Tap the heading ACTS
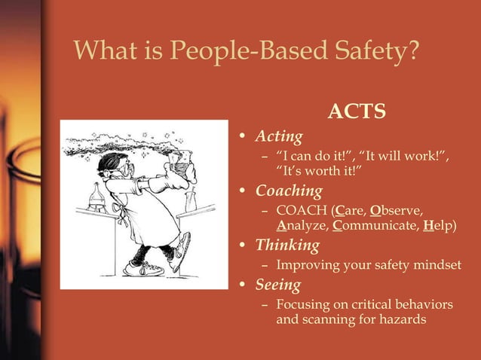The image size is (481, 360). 357,112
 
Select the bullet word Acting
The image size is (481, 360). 279,136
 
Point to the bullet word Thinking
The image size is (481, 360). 287,246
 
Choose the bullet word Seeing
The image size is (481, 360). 278,285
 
